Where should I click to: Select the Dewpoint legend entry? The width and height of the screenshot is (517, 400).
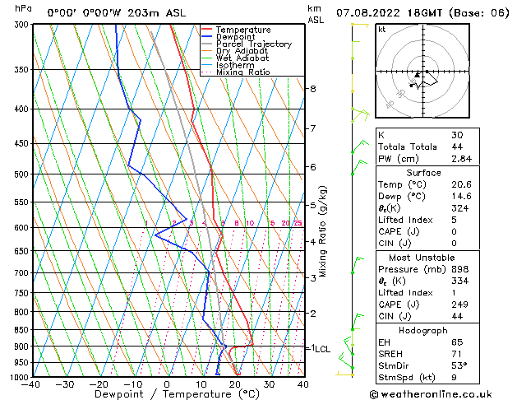coord(239,37)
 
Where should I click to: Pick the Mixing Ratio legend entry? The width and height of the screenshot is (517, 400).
coord(242,72)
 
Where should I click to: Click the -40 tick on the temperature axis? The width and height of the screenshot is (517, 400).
coord(31,384)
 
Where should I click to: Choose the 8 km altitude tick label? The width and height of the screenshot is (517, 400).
coord(312,89)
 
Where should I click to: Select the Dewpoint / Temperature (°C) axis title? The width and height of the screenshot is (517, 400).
coord(166,395)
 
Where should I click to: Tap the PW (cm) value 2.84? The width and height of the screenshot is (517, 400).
coord(459,159)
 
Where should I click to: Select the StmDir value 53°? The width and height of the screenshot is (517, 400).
coord(459,365)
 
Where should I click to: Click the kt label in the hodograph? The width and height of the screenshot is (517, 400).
coord(382,30)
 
